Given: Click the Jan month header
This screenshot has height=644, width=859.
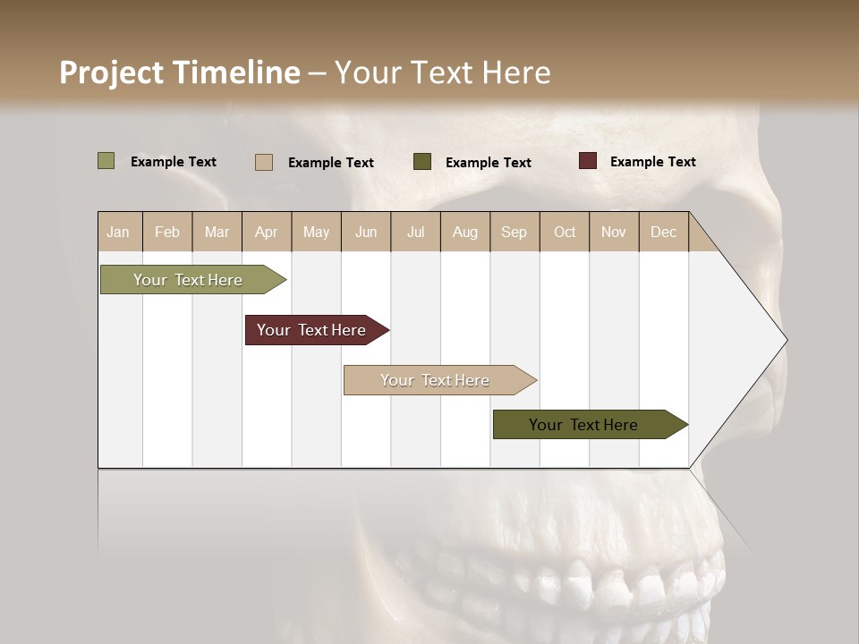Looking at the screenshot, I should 119,232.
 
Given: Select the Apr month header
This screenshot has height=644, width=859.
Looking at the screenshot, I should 267,232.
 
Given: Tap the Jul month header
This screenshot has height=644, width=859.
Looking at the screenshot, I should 415,232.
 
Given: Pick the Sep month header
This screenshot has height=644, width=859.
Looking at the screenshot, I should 515,232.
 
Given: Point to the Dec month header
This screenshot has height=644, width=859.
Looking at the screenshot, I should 663,232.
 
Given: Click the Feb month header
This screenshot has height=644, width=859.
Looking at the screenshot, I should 167,232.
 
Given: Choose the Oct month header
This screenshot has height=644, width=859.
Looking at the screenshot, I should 565,232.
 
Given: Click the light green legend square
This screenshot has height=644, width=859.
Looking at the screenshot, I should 106,161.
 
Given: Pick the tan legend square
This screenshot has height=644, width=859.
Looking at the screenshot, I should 264,162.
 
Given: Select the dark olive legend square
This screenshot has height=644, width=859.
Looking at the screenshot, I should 422,162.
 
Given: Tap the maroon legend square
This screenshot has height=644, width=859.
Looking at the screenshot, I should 588,161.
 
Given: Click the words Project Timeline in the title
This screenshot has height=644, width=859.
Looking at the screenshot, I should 180,72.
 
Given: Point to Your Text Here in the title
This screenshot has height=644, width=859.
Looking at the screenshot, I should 443,72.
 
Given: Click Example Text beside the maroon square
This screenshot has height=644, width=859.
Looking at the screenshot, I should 652,162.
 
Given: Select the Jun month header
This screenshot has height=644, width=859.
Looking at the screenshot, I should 366,232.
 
